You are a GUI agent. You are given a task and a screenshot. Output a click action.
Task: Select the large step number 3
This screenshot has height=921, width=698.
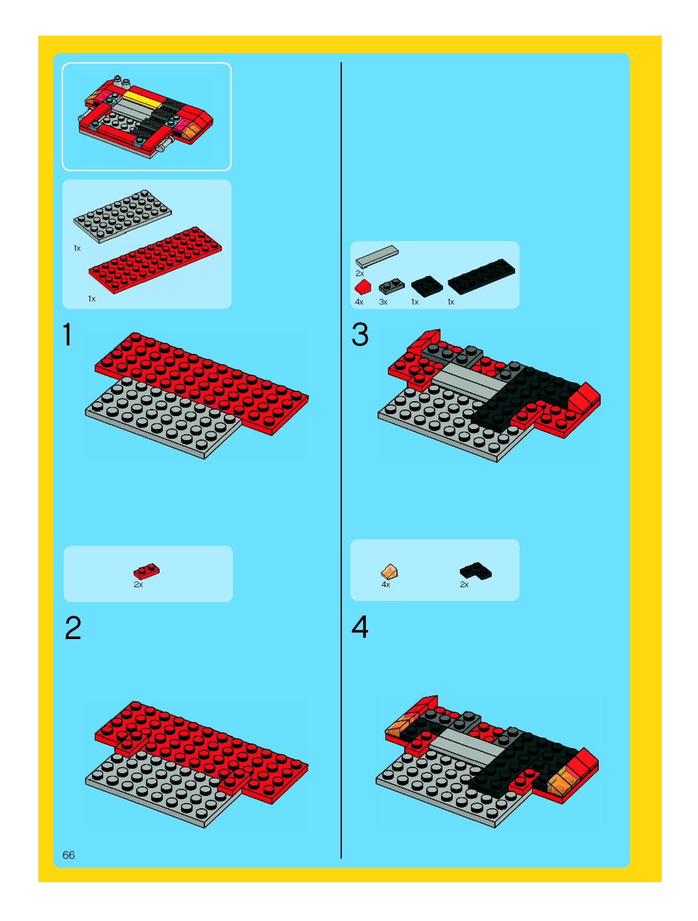coord(360,334)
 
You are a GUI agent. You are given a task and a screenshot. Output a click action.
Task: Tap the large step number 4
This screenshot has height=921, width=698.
coord(360,627)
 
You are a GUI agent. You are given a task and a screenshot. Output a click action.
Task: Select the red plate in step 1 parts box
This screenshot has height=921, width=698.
coord(155,260)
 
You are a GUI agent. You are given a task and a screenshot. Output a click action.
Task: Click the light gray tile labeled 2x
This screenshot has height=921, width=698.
coord(377,256)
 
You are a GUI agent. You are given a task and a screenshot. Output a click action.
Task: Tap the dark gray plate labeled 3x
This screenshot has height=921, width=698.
coord(391,286)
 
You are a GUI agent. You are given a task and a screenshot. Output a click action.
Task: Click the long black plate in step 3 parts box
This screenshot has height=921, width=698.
coord(481,276)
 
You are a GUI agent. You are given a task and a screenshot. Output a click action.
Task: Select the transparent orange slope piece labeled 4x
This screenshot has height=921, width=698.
coord(389,571)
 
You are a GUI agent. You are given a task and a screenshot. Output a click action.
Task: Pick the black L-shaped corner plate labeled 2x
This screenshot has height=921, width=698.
coord(476,571)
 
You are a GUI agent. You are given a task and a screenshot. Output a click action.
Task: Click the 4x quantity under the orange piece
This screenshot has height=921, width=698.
coord(385,585)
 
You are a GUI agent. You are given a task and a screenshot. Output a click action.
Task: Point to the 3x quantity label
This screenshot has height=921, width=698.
coord(383,302)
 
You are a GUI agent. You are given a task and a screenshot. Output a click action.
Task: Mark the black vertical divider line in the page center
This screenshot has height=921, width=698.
coord(341,460)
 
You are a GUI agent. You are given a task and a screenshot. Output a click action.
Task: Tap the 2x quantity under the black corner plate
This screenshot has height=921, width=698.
coord(464,585)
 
